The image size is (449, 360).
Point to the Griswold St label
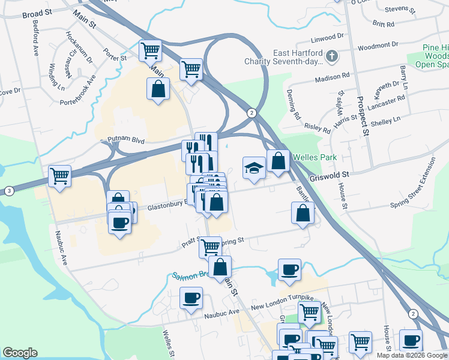tap(329, 175)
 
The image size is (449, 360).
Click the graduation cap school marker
tap(254, 167)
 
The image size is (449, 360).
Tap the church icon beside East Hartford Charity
tap(331, 58)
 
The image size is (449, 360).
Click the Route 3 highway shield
tap(9, 191)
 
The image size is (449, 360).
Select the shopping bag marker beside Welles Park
tap(278, 161)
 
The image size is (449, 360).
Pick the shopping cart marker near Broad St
tap(150, 50)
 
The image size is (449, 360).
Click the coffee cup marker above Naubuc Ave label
tap(191, 298)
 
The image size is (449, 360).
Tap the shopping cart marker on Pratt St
tap(210, 246)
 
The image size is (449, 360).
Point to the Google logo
tap(20, 353)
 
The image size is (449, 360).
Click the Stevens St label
tap(400, 10)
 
